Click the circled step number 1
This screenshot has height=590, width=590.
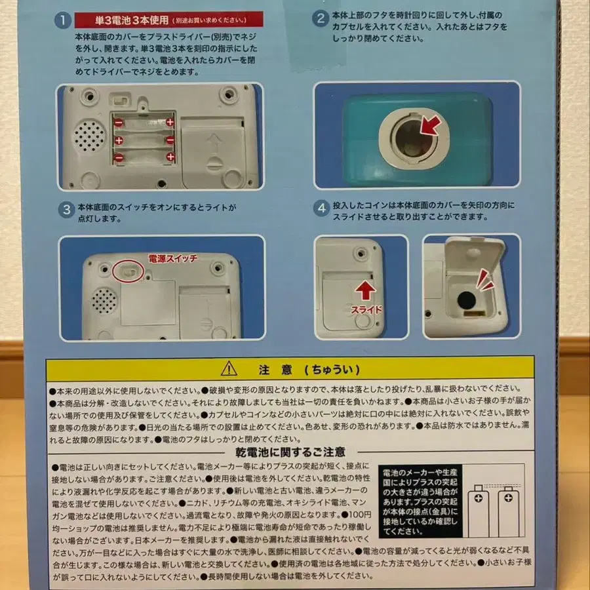[x=62, y=20]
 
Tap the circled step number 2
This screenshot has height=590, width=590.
[x=320, y=18]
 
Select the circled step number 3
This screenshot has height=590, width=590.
[x=66, y=210]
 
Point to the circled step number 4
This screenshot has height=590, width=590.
[x=321, y=209]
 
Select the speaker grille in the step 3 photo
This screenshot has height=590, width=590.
[x=104, y=300]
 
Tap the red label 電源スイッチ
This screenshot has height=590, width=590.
[x=172, y=258]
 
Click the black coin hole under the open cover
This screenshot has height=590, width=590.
[x=467, y=301]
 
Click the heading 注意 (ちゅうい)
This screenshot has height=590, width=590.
[x=300, y=369]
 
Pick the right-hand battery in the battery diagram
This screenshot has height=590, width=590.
[x=507, y=513]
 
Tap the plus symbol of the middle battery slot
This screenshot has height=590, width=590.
[x=119, y=140]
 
